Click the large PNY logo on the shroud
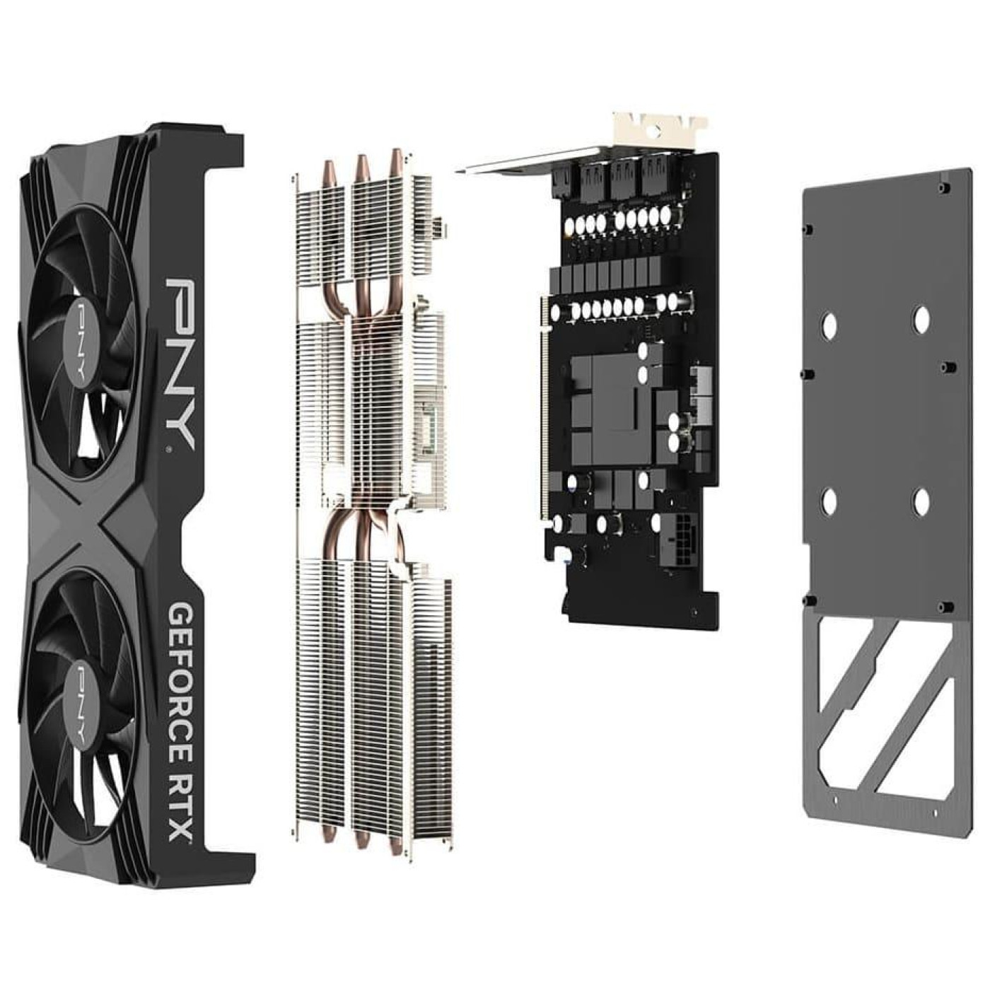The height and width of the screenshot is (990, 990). click(180, 363)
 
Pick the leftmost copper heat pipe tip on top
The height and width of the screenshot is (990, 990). click(330, 172)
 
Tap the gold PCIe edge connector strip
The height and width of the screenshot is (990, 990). click(544, 410)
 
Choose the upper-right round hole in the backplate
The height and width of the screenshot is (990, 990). click(921, 319)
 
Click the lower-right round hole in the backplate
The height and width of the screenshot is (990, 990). click(921, 501)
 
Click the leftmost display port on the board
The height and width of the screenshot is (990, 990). click(560, 182)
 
